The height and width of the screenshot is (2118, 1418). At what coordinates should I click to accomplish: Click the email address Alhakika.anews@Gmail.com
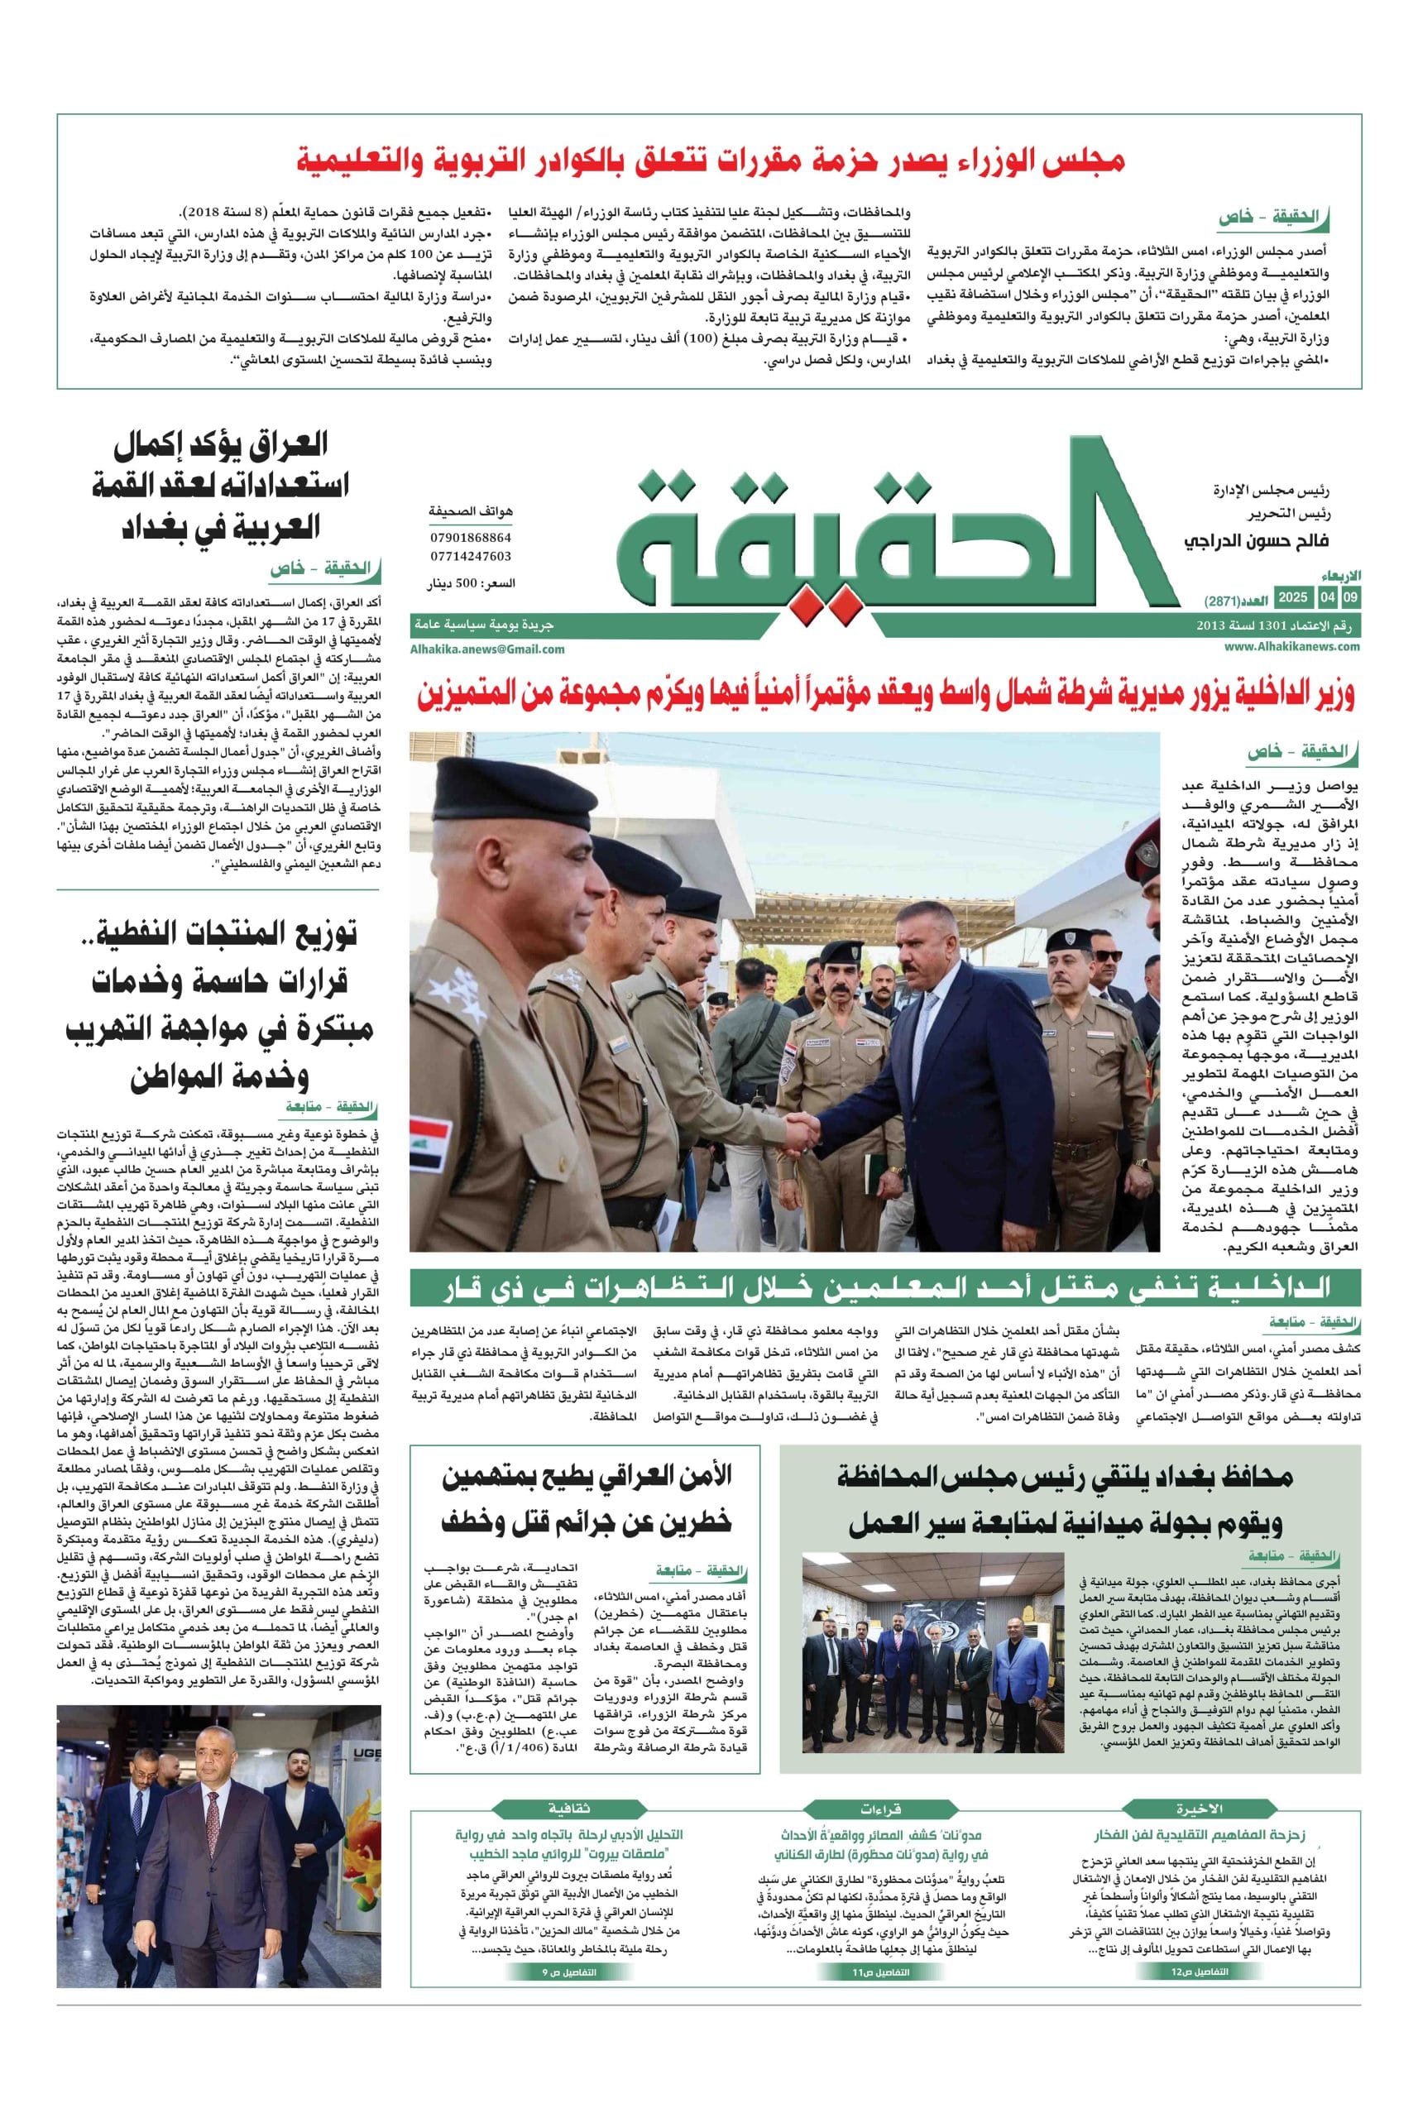(487, 649)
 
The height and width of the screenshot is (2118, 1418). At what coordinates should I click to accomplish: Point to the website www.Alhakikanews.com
(1292, 647)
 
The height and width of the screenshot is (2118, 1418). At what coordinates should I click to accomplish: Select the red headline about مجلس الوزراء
(711, 162)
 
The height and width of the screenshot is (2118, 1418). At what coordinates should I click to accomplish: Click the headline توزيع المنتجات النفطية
(217, 1006)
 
